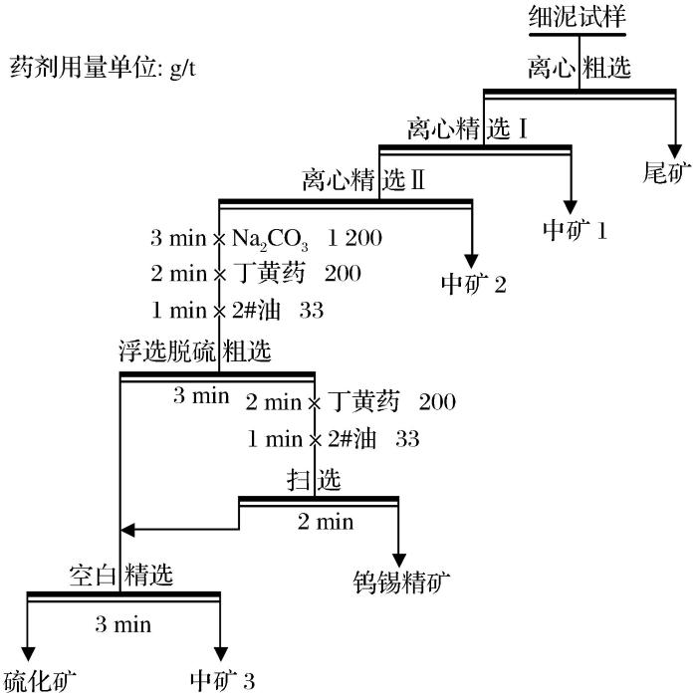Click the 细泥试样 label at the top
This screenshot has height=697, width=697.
click(x=578, y=16)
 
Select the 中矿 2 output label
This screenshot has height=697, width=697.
click(x=474, y=285)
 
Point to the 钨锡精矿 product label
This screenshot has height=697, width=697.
click(x=401, y=580)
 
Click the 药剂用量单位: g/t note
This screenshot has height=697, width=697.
click(x=107, y=70)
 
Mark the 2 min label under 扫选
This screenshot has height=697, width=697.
click(x=326, y=521)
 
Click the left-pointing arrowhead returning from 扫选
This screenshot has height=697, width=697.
click(x=125, y=529)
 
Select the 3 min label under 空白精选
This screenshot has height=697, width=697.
click(x=122, y=624)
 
